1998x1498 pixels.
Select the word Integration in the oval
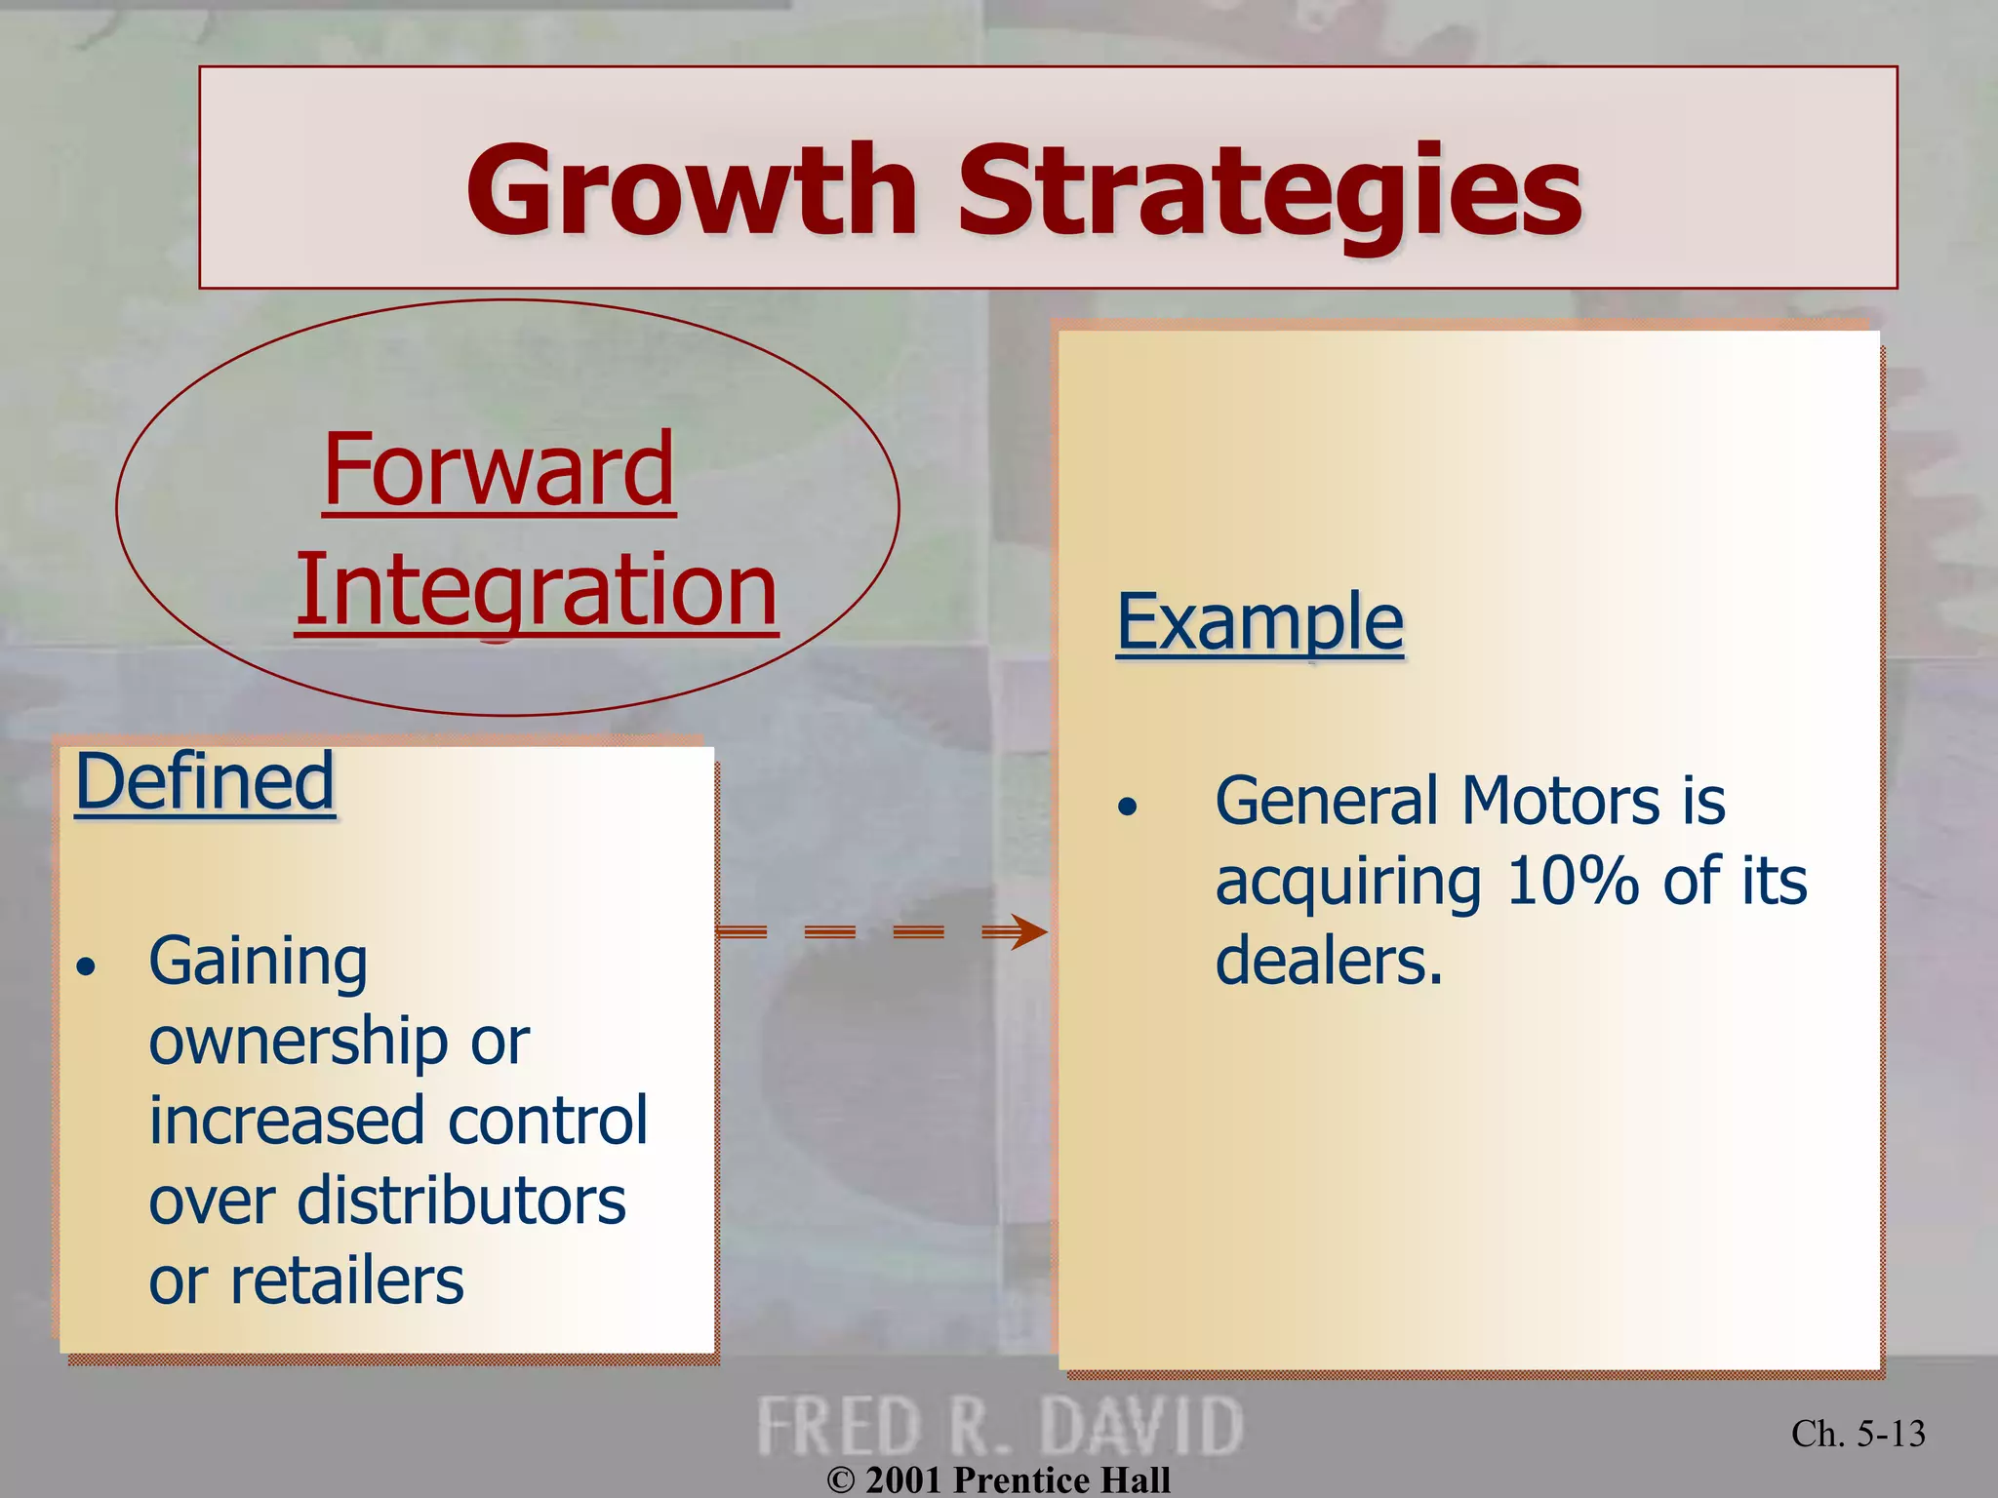pos(537,589)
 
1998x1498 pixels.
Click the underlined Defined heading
pos(205,781)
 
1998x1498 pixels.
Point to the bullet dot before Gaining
pos(88,967)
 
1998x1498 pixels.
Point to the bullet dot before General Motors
pos(1128,807)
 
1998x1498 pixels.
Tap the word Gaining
pos(259,962)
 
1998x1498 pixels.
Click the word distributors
pos(460,1201)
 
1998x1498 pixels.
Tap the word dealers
pos(1328,961)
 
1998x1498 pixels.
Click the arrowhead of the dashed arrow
pos(1028,932)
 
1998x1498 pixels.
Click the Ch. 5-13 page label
pos(1858,1434)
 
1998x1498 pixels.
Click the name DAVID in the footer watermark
pos(1140,1427)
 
